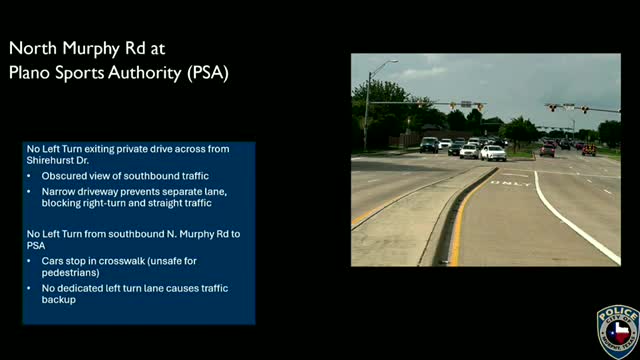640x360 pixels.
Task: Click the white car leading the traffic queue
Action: pos(492,152)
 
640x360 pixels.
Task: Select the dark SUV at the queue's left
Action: pos(429,145)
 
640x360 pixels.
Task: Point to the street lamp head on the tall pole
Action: pos(392,63)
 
